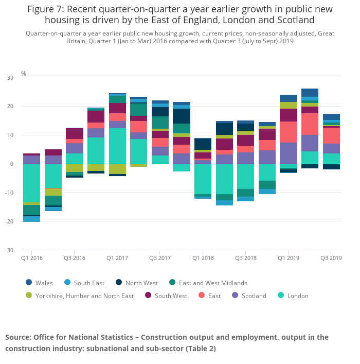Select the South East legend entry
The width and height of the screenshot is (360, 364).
click(x=84, y=283)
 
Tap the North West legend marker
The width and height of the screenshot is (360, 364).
click(x=119, y=283)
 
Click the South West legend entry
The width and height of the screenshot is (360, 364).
click(x=166, y=296)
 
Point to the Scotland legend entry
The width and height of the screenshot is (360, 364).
click(x=249, y=296)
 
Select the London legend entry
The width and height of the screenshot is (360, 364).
click(x=294, y=296)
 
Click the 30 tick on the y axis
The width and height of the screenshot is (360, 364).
click(x=10, y=78)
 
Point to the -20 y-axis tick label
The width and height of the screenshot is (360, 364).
click(x=9, y=222)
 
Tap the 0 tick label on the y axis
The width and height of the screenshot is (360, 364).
click(x=11, y=164)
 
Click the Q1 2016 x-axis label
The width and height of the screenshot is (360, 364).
click(x=31, y=258)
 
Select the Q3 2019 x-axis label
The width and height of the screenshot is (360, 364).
click(x=332, y=258)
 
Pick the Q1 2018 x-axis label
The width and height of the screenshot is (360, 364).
click(x=203, y=258)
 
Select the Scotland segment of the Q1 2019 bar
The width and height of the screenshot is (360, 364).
click(x=289, y=153)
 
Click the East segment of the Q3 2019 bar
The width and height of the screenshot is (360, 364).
click(x=332, y=136)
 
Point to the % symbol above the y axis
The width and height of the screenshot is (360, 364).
click(x=24, y=74)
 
